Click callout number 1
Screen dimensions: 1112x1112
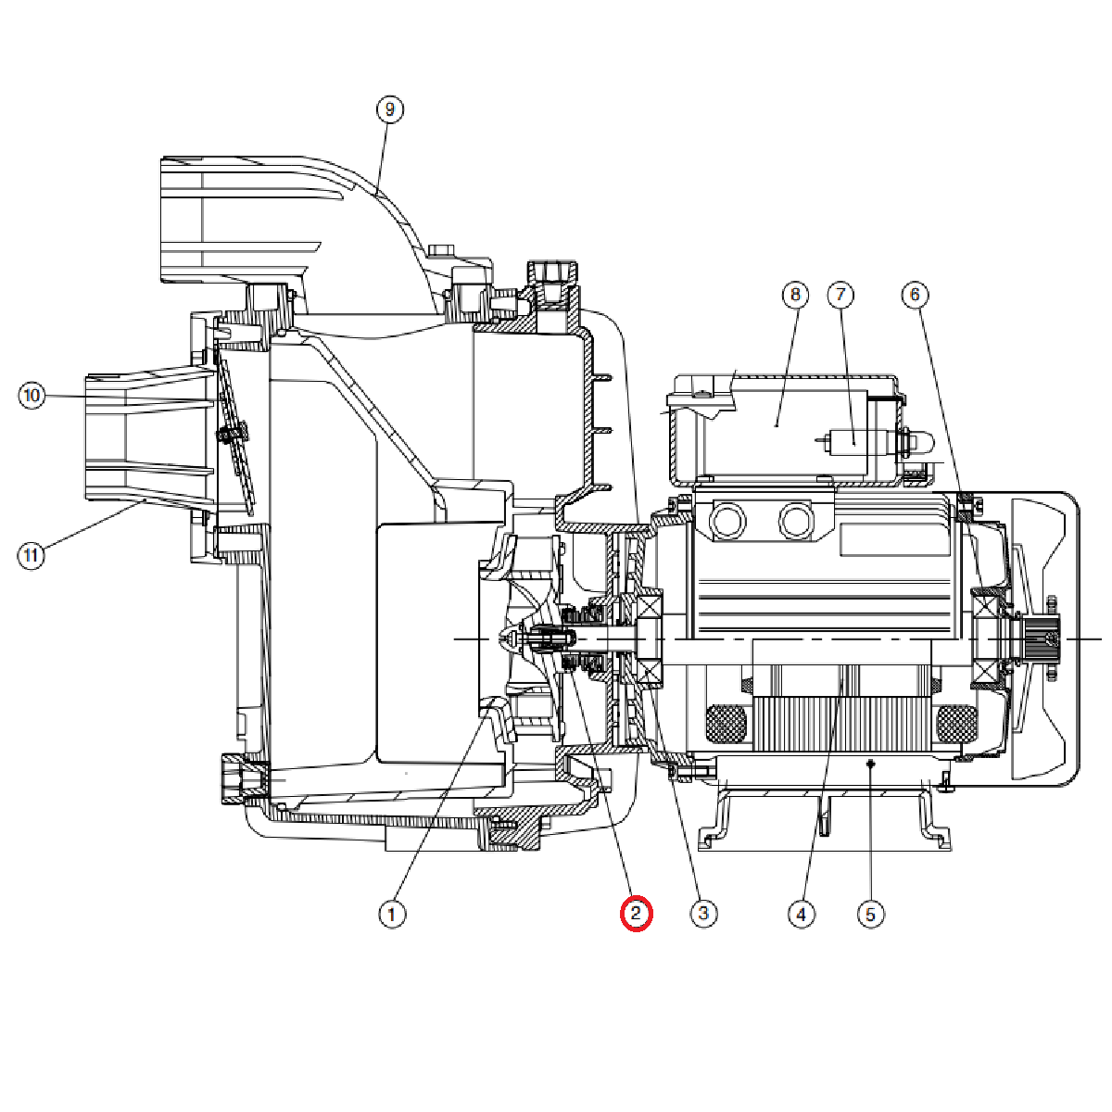392,915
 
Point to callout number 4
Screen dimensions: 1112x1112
802,915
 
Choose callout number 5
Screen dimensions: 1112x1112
870,915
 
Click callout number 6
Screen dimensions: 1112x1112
915,296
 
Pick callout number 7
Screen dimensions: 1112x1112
840,296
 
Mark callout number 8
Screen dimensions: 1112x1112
795,296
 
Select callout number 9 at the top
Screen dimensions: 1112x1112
389,109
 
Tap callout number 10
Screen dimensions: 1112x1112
32,397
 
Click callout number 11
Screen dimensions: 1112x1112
32,556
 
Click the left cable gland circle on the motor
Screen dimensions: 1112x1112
726,522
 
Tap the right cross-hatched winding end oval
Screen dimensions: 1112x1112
955,723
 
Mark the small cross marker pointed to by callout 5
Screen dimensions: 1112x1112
870,764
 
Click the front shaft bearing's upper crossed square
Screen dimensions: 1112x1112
649,611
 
